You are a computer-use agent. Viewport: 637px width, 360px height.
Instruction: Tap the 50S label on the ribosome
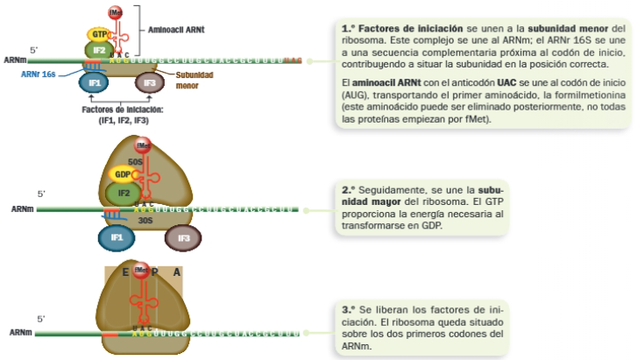pos(136,161)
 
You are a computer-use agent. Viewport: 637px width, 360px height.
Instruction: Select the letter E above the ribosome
pos(125,272)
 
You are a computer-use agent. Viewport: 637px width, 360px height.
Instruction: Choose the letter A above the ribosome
pos(176,272)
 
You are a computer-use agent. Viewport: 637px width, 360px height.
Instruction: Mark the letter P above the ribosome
pos(153,272)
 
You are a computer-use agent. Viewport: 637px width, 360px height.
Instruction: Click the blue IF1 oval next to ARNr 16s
pos(95,83)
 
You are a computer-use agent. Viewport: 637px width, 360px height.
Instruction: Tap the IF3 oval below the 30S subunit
pos(184,237)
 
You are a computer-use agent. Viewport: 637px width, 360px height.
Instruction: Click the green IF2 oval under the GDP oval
pos(124,193)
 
